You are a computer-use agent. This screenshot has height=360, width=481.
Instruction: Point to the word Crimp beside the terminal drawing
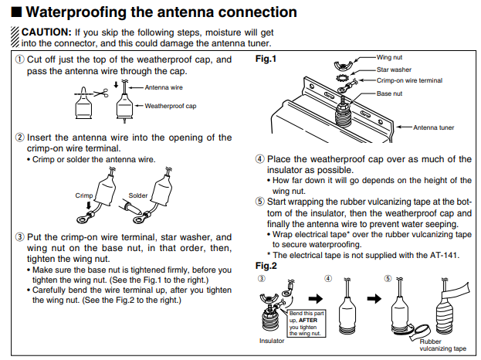[84, 195]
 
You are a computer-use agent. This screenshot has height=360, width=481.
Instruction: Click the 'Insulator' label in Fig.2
[271, 339]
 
